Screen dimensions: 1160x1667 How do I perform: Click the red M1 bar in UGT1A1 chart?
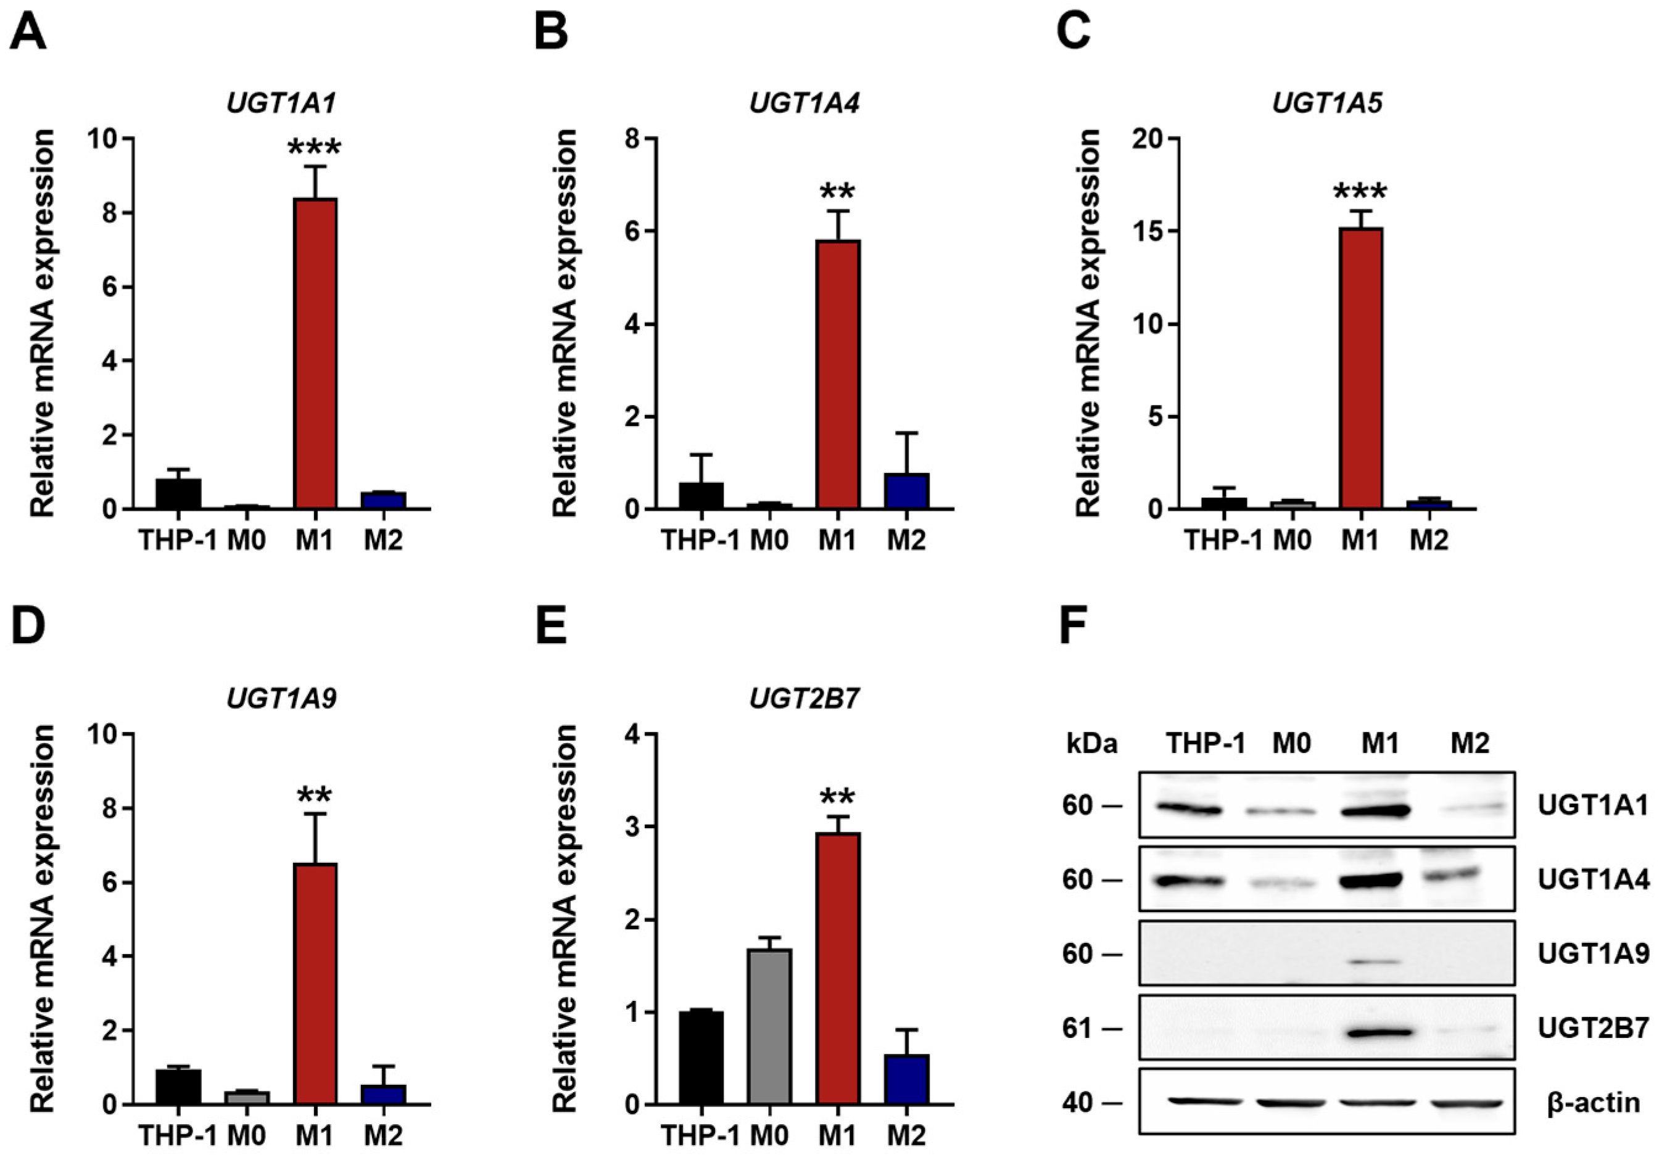tap(315, 353)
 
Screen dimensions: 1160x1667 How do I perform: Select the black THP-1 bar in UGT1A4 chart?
tap(701, 496)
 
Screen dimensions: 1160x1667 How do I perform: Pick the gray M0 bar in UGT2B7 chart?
tap(769, 1026)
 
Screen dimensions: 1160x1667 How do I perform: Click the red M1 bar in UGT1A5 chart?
tap(1360, 368)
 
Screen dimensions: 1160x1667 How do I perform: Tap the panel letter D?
tap(29, 627)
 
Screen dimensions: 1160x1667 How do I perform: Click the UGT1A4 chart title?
tap(804, 104)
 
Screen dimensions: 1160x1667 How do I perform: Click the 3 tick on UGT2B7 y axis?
tap(637, 827)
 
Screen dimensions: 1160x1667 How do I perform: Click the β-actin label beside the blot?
tap(1593, 1103)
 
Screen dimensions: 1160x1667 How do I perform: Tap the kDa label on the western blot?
tap(1091, 744)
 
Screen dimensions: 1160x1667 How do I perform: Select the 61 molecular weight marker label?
tap(1077, 1029)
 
